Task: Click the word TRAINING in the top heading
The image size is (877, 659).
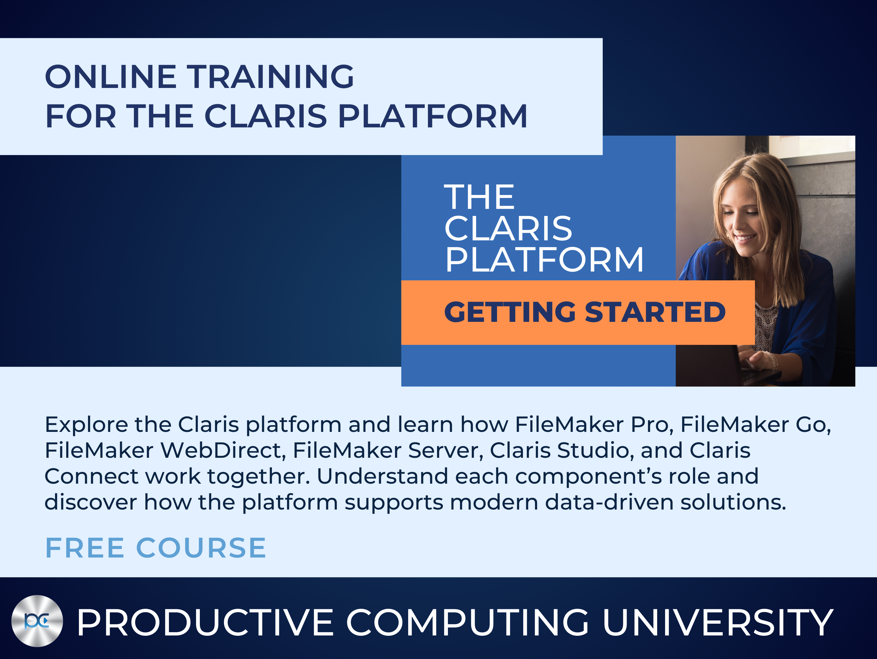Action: pos(270,76)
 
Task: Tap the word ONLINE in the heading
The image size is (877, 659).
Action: pos(111,76)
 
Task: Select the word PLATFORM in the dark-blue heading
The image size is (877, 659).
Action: pos(433,116)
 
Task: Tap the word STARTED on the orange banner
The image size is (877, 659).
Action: pos(655,312)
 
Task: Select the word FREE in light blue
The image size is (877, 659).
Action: pos(85,548)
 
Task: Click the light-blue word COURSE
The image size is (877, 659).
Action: pos(201,548)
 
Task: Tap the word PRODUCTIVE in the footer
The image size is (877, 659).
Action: pos(205,623)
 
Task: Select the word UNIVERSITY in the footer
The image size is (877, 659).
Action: pos(717,623)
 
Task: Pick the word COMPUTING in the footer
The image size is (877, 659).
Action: pos(468,623)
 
